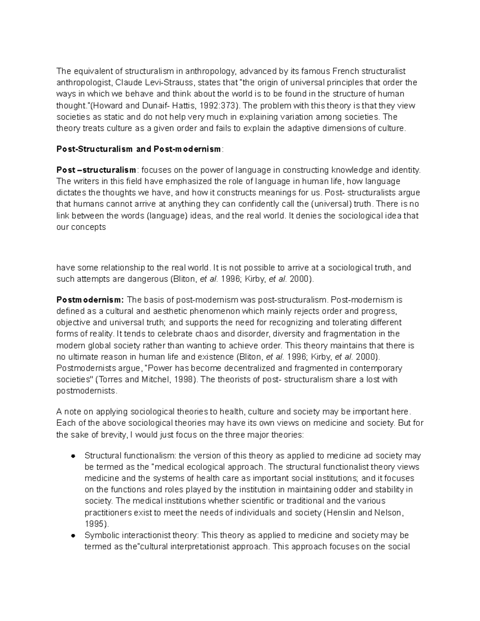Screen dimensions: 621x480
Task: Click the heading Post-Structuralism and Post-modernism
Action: [x=138, y=149]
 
